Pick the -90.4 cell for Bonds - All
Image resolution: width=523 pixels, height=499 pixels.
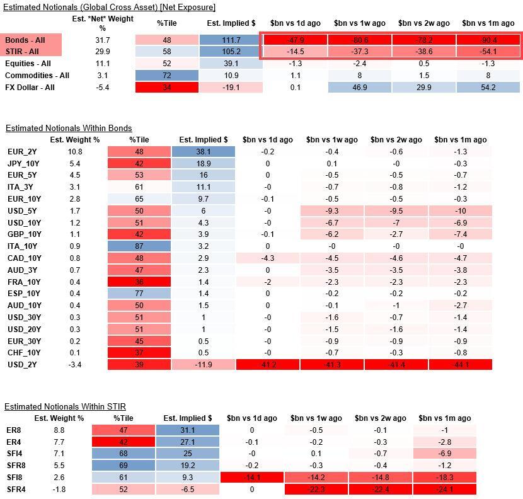click(488, 40)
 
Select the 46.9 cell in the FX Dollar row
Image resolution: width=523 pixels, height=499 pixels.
click(360, 88)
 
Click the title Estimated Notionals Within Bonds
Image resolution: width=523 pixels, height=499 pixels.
click(69, 128)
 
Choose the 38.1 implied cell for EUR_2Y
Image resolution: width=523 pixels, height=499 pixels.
click(203, 152)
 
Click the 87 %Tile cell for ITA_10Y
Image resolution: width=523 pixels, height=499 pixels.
click(139, 246)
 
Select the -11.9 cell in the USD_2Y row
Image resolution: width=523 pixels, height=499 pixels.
click(203, 365)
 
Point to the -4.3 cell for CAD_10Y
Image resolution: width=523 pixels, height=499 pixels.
click(267, 258)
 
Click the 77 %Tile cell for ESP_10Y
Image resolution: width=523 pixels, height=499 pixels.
click(139, 294)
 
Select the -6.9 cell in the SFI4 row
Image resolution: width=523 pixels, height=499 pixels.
click(444, 454)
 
